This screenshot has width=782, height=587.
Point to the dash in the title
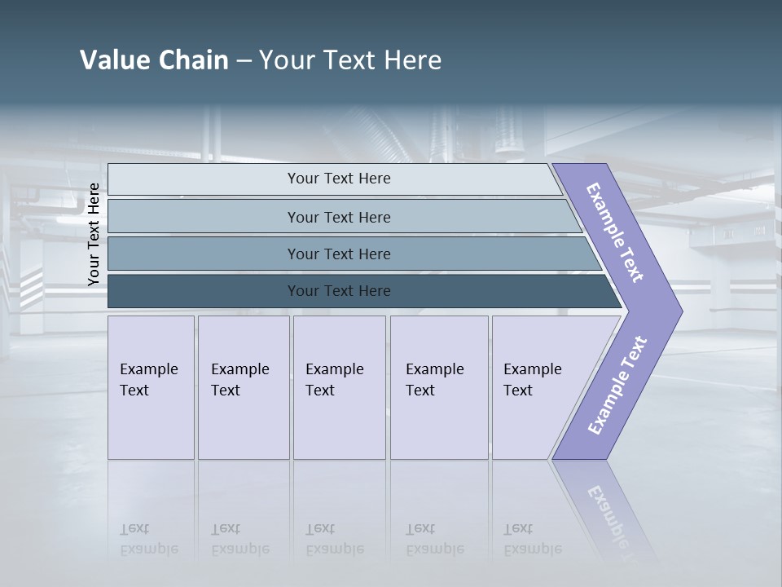(x=244, y=61)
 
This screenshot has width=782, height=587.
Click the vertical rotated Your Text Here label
(x=94, y=235)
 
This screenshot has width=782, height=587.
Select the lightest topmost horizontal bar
(x=338, y=179)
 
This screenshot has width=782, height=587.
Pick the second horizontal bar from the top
(x=338, y=217)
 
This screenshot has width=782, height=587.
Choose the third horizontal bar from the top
(x=338, y=254)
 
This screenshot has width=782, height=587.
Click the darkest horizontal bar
(x=338, y=291)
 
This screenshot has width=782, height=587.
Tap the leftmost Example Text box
(x=151, y=387)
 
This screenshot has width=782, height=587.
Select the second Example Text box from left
(x=244, y=387)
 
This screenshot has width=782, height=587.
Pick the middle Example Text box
(x=339, y=387)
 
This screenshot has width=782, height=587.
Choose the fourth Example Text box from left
(x=439, y=387)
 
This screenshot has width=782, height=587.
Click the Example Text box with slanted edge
(x=538, y=387)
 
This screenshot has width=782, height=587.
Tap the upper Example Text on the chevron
(x=615, y=232)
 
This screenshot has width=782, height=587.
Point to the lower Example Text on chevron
(x=617, y=386)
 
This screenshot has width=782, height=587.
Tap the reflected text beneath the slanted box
(x=532, y=539)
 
